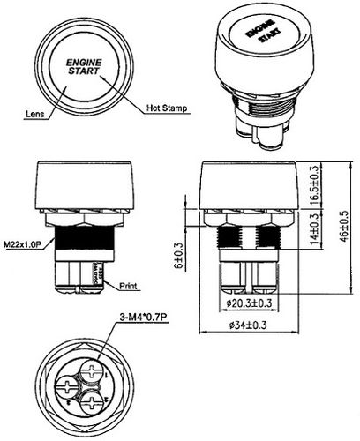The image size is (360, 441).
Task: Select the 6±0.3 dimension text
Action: (x=178, y=256)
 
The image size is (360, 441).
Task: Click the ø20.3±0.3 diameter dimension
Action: (x=249, y=304)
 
